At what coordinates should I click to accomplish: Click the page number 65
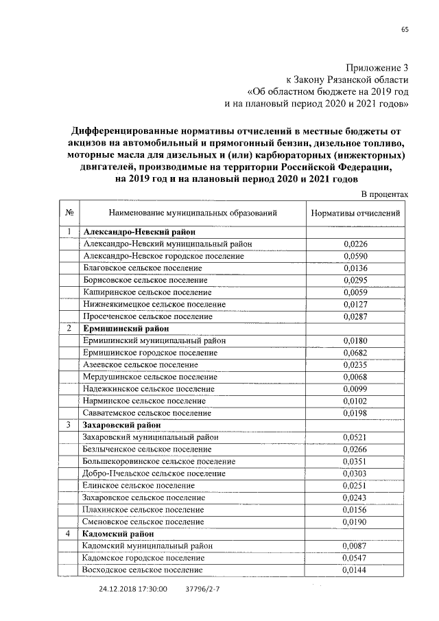405,29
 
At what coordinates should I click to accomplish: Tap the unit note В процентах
384,194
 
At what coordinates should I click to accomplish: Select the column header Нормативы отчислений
355,213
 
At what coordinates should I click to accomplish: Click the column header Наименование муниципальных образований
192,213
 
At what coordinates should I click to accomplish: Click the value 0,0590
355,255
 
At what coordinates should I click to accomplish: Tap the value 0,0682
355,352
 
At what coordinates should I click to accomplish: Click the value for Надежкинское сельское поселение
355,388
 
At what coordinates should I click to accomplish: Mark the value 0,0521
355,437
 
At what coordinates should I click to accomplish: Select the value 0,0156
355,509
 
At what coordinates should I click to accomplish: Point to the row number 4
69,533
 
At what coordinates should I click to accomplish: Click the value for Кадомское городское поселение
355,558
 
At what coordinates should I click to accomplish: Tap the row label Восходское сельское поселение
142,570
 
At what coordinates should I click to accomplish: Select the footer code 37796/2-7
203,589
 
